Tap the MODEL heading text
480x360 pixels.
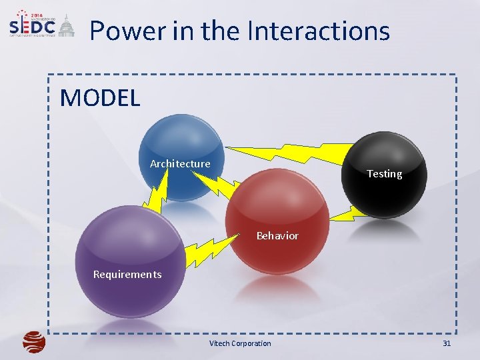pyautogui.click(x=100, y=98)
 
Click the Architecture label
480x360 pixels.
pyautogui.click(x=180, y=164)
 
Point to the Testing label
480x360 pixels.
pyautogui.click(x=385, y=174)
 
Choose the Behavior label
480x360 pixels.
pyautogui.click(x=277, y=236)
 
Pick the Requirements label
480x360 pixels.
pyautogui.click(x=127, y=275)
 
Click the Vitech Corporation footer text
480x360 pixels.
pyautogui.click(x=240, y=344)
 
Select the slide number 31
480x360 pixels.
pyautogui.click(x=447, y=344)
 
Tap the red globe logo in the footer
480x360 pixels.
pyautogui.click(x=33, y=342)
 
